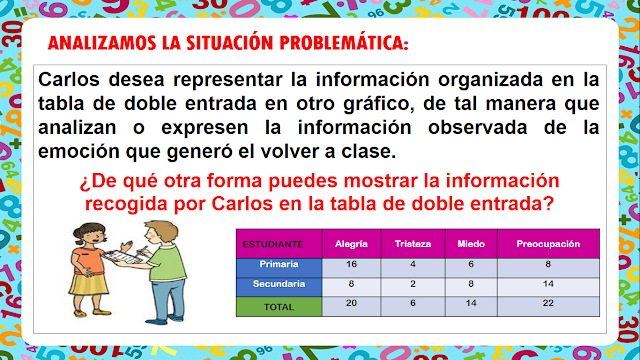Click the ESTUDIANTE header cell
279,244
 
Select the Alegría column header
351,244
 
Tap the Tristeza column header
413,244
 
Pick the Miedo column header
471,244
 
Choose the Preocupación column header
548,244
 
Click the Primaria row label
279,268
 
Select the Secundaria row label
279,287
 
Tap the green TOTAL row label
279,307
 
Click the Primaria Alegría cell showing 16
351,268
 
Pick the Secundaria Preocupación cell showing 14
548,287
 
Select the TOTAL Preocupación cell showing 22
548,307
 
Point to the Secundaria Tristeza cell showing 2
413,287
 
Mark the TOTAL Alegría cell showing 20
351,307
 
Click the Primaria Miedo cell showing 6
471,268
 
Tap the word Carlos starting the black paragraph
69,79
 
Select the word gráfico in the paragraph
376,104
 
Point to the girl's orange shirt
89,261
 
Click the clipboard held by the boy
123,257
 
